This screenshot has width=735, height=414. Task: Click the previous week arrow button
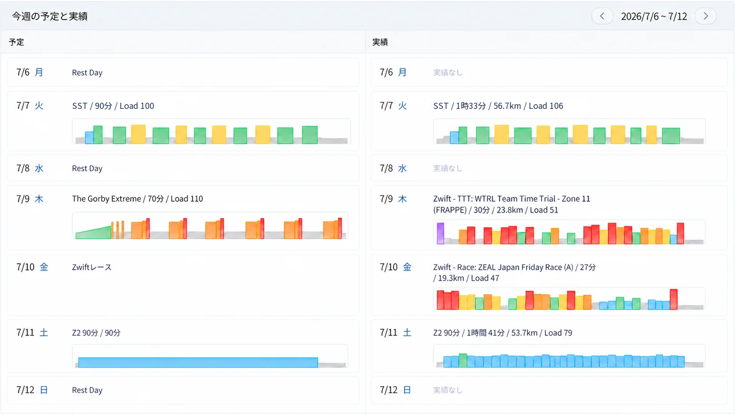tap(602, 16)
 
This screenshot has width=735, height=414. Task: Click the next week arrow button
tap(706, 16)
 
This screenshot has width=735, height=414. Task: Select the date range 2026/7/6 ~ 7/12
tap(654, 16)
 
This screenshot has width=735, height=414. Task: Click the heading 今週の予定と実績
tap(50, 16)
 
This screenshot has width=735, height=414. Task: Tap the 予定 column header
tap(16, 42)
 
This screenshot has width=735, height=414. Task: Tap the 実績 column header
tap(380, 42)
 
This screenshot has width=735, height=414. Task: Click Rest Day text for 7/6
tap(87, 72)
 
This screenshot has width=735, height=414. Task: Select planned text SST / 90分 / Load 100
tap(113, 106)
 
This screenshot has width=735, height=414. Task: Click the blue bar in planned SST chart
tap(89, 137)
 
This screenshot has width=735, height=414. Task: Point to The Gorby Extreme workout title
tap(106, 199)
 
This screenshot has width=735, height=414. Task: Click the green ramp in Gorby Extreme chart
tap(93, 233)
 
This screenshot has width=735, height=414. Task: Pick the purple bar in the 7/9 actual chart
tap(440, 234)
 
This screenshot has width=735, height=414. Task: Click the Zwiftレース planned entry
tap(92, 267)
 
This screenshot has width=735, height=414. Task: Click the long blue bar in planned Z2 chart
tap(198, 362)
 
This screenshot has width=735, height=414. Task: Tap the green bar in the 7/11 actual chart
tap(463, 360)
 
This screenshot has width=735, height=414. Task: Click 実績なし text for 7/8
tap(448, 168)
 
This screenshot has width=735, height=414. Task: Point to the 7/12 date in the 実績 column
tap(389, 389)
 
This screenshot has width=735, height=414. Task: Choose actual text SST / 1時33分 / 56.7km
tap(477, 106)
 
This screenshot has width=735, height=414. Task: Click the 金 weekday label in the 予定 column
tap(44, 267)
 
